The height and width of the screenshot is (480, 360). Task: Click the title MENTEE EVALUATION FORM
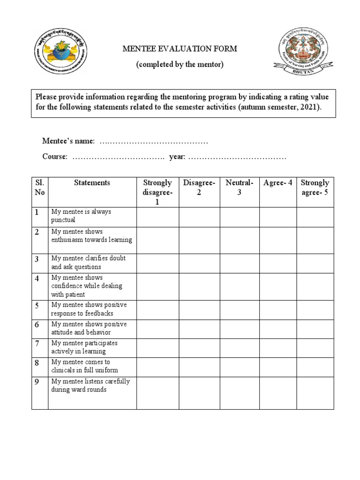tap(180, 48)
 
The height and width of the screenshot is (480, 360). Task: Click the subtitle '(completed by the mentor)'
tap(180, 64)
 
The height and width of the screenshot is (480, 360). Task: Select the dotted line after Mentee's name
tap(154, 141)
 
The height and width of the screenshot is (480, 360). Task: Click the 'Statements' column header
tap(92, 183)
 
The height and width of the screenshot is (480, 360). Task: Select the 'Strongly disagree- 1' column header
tap(157, 192)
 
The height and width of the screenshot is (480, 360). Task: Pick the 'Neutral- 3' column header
tap(239, 187)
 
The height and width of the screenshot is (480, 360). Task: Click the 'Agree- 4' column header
tap(277, 183)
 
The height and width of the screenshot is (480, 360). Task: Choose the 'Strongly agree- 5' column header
tap(315, 187)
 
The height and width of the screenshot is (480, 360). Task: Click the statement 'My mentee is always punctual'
tap(81, 216)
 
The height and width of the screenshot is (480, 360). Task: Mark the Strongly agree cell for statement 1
tap(315, 217)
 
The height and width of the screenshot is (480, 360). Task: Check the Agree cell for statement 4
tap(277, 286)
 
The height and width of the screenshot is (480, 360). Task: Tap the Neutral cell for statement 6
tap(239, 328)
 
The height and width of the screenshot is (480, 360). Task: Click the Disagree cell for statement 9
tap(199, 393)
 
